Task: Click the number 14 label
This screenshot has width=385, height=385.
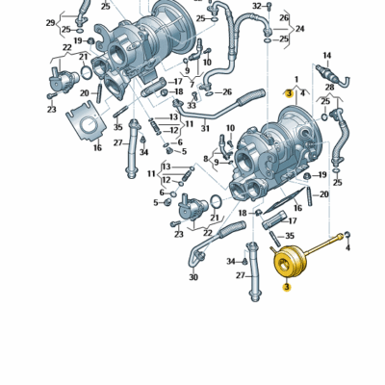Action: point(327,56)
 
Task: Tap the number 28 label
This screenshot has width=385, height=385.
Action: point(330,88)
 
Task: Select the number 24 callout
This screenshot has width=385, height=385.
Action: point(299,29)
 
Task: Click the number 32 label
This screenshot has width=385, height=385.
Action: point(257,6)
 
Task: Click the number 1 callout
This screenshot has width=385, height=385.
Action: point(296,78)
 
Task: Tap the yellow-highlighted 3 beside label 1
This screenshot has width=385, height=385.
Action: point(289,93)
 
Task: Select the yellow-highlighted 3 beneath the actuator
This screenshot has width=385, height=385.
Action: point(285,285)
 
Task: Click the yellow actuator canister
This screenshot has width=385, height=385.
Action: point(287,261)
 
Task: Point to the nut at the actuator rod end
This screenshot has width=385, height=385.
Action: point(347,234)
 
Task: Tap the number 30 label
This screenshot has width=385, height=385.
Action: point(193,278)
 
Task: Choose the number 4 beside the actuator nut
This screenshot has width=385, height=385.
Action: point(347,247)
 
